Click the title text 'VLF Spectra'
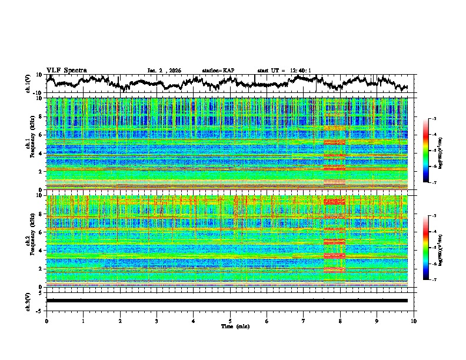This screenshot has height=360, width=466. pos(66,70)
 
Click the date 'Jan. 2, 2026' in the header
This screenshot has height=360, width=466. pos(164,71)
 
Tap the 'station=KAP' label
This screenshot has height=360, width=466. pos(218,71)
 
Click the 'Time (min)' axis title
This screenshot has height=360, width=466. pos(230,326)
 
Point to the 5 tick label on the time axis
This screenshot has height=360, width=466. pos(230,321)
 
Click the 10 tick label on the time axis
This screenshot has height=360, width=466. pos(414,321)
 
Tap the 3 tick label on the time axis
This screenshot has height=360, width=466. pos(157,321)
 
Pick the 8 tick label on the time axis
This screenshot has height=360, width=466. pos(340,321)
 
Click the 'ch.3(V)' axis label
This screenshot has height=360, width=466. pos(28,301)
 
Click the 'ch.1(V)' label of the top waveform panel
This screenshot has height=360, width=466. pos(28,84)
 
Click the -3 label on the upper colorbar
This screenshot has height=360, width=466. pos(435,119)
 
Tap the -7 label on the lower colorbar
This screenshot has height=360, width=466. pos(435,280)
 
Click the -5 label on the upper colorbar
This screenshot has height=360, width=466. pos(435,151)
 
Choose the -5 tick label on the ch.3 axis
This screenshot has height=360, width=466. pos(41,309)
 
